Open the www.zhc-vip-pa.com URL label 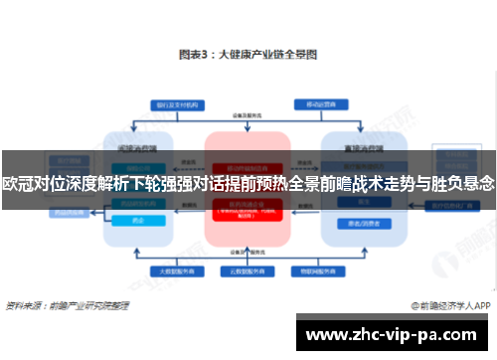(x=396, y=333)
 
